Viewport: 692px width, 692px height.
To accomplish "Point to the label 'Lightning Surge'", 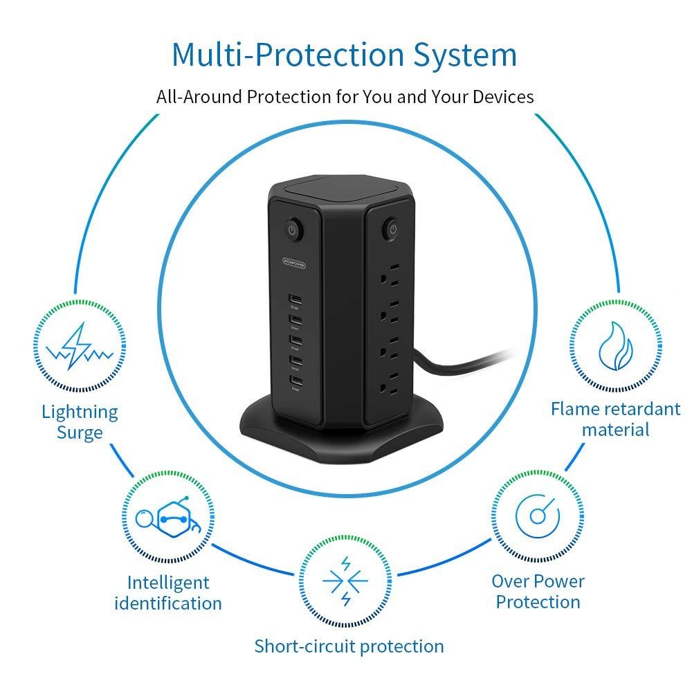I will [80, 422].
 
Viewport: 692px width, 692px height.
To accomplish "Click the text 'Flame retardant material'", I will [615, 419].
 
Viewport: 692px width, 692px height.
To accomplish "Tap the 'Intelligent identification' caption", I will [168, 592].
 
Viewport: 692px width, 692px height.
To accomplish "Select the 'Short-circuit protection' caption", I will [349, 646].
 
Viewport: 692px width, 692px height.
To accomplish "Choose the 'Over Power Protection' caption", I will [538, 591].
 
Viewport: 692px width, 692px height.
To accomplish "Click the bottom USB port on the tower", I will [295, 383].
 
